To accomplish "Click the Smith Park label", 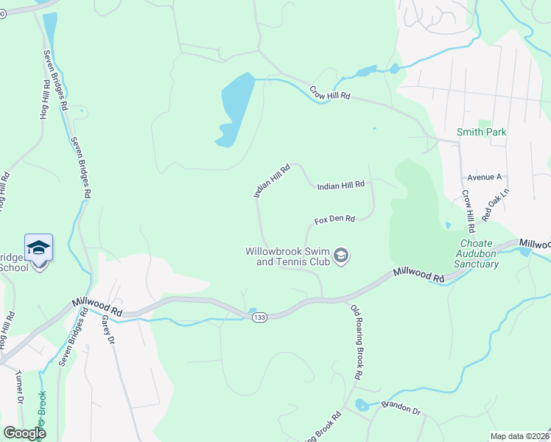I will coord(482,132).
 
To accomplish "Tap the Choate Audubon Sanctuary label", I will coord(480,253).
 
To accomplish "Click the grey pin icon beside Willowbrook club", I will coord(341,256).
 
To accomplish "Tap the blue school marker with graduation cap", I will coord(38,248).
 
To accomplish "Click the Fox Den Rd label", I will coord(334,220).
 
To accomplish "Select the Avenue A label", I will coord(484,178).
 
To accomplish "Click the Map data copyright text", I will coord(519,436).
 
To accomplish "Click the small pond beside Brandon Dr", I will coord(360,405).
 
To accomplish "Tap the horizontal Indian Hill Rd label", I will coord(341,186).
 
